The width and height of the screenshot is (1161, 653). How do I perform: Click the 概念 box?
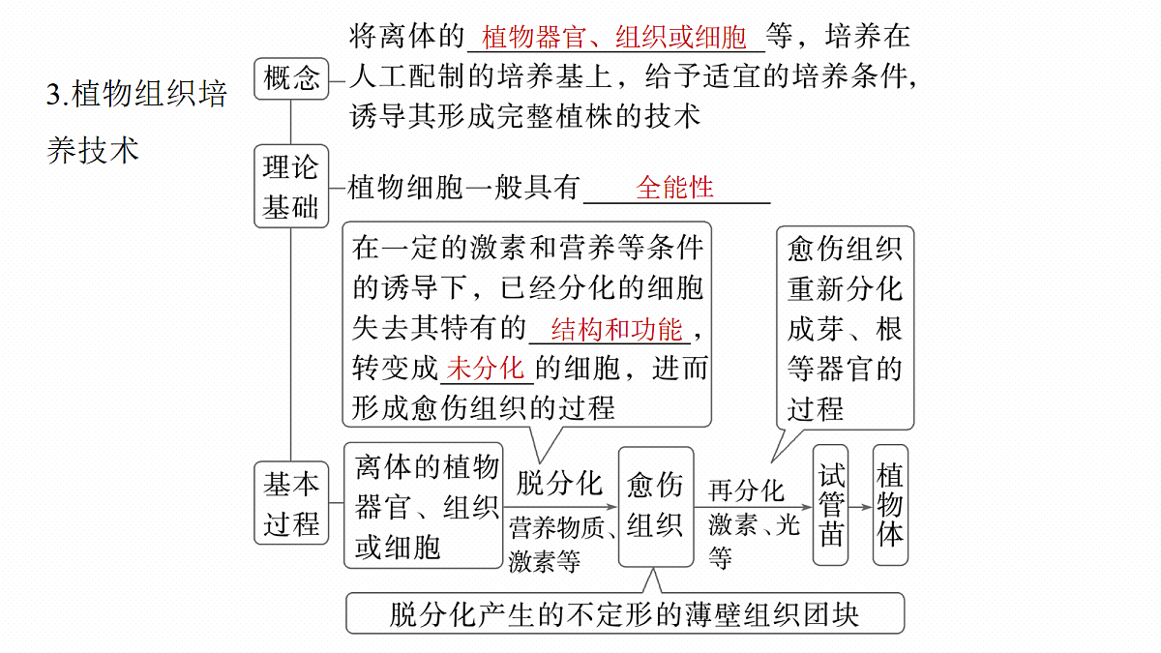(291, 78)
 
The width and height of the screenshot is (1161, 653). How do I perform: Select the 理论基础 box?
(291, 186)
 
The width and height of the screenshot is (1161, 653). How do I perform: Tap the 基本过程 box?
(291, 503)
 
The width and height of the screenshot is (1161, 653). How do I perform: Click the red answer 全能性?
(675, 187)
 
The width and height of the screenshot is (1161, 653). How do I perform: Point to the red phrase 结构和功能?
(617, 330)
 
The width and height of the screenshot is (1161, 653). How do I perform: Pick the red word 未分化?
(485, 369)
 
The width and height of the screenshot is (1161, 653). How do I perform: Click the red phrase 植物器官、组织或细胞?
(613, 38)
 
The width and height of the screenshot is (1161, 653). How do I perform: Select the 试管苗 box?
(831, 505)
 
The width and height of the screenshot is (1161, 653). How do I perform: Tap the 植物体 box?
(890, 505)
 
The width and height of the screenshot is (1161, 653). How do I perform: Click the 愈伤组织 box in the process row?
(656, 507)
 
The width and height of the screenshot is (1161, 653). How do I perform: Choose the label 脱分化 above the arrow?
(560, 484)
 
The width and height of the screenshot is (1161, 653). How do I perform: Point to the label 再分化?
(747, 490)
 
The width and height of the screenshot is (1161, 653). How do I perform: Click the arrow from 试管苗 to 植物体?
(860, 507)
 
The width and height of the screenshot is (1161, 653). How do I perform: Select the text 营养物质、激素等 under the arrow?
(562, 544)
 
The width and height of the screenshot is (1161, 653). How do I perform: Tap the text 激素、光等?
(755, 541)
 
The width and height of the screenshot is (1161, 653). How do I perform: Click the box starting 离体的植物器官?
(424, 506)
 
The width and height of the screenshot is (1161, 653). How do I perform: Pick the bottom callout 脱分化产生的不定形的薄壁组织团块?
(625, 613)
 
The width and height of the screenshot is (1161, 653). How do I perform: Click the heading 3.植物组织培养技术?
(136, 122)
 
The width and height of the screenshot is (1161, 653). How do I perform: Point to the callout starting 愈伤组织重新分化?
(846, 328)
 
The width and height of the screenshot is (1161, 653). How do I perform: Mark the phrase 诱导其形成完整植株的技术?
(524, 115)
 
